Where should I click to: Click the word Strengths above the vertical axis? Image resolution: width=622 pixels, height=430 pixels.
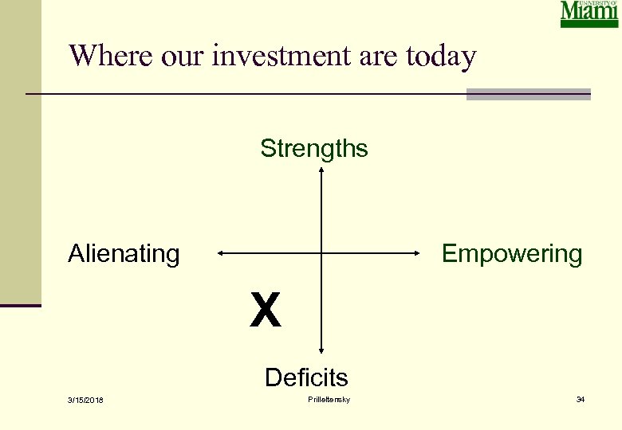pyautogui.click(x=313, y=149)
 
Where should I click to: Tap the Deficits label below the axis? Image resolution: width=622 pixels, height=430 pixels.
pyautogui.click(x=306, y=377)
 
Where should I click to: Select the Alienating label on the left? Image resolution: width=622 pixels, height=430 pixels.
pyautogui.click(x=124, y=254)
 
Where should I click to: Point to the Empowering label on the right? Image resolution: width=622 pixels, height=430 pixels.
pyautogui.click(x=512, y=254)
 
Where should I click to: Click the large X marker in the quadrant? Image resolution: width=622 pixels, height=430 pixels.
pyautogui.click(x=265, y=311)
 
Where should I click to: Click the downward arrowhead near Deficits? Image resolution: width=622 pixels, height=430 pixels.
pyautogui.click(x=321, y=349)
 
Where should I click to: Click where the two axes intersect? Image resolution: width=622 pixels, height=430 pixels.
pyautogui.click(x=321, y=254)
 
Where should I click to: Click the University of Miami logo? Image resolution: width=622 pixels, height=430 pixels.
pyautogui.click(x=589, y=14)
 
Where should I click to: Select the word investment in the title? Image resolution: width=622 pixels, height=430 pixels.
pyautogui.click(x=270, y=56)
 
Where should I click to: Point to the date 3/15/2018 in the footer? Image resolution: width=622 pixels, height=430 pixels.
pyautogui.click(x=86, y=400)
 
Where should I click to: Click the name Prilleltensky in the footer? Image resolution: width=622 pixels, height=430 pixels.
pyautogui.click(x=328, y=399)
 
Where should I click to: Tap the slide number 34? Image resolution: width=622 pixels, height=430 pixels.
pyautogui.click(x=580, y=399)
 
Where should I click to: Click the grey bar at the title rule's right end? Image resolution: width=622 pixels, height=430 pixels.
pyautogui.click(x=528, y=95)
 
